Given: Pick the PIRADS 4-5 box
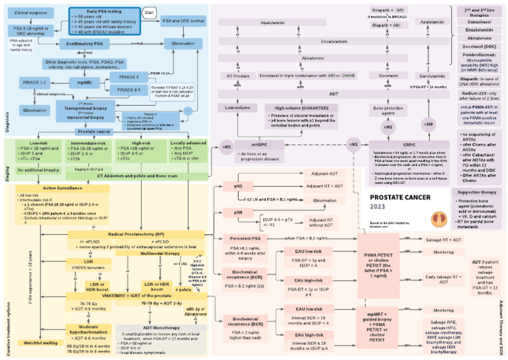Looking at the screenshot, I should click(134, 89).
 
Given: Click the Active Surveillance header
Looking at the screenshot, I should click(43, 188).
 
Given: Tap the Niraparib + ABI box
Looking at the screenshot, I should click(389, 10).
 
